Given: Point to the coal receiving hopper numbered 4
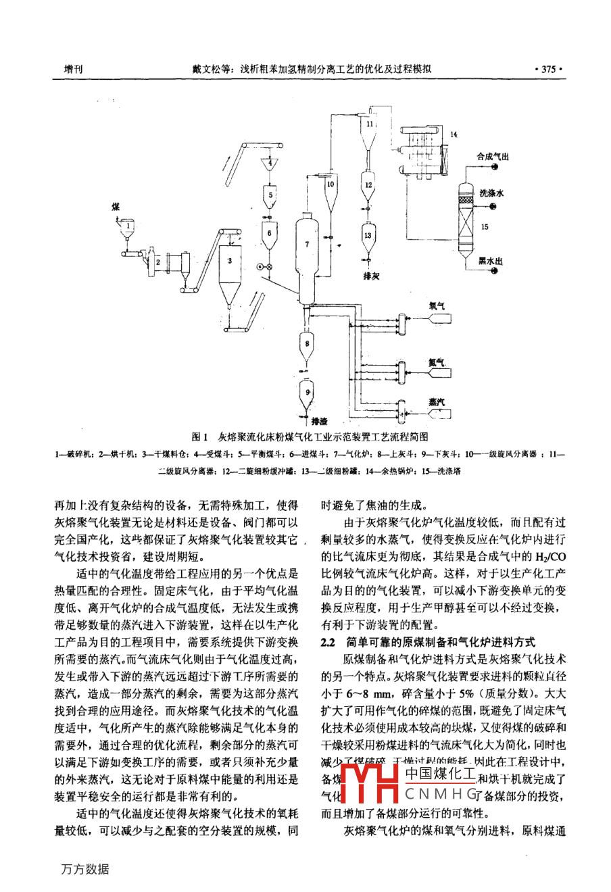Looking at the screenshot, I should pos(270,164).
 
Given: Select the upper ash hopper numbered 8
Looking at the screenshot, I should pos(308,345).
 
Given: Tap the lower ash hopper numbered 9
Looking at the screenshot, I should pos(308,391).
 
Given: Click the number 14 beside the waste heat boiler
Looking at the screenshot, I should pos(454,135).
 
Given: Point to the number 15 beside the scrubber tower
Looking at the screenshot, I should pos(485,228).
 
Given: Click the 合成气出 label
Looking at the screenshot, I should pos(493,157).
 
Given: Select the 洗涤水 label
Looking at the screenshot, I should pos(491,193).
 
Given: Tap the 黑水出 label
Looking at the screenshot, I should pos(491,260).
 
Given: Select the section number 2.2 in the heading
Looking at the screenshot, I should pos(328,641).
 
